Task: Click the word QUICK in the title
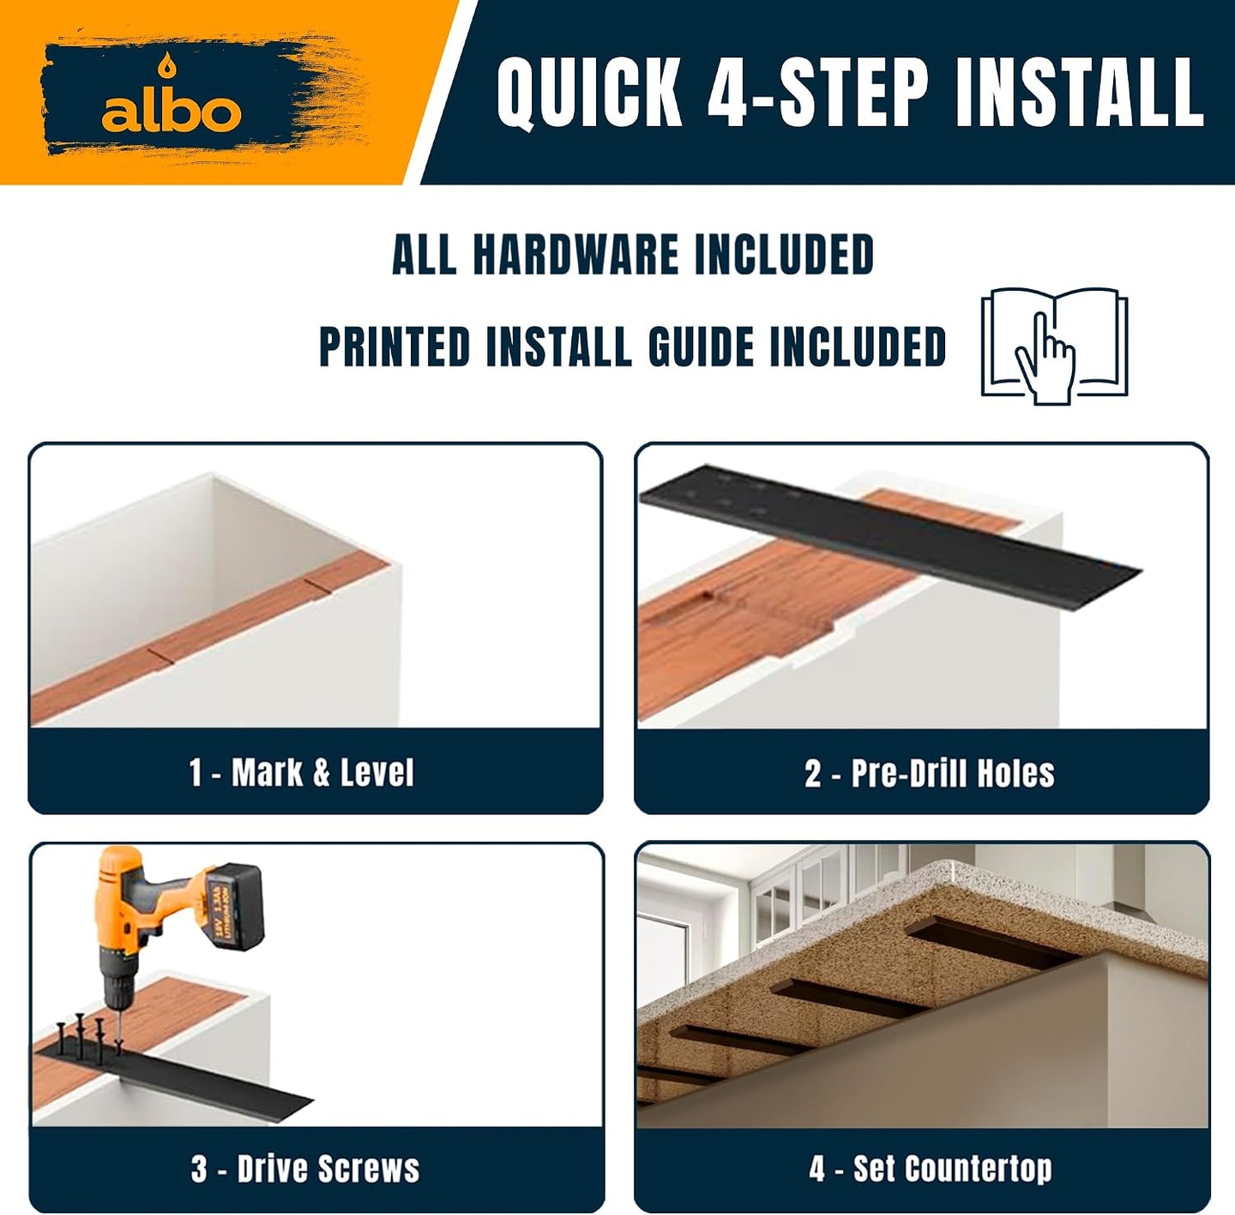click(x=589, y=93)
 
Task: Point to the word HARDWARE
click(x=575, y=255)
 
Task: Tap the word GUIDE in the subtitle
click(x=702, y=347)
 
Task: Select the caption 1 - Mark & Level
click(x=301, y=772)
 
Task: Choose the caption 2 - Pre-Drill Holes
click(x=930, y=773)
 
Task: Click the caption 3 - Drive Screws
click(x=305, y=1169)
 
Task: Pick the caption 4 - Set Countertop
click(x=931, y=1169)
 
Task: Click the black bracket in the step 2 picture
click(x=891, y=538)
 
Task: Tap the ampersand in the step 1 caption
click(x=322, y=772)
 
